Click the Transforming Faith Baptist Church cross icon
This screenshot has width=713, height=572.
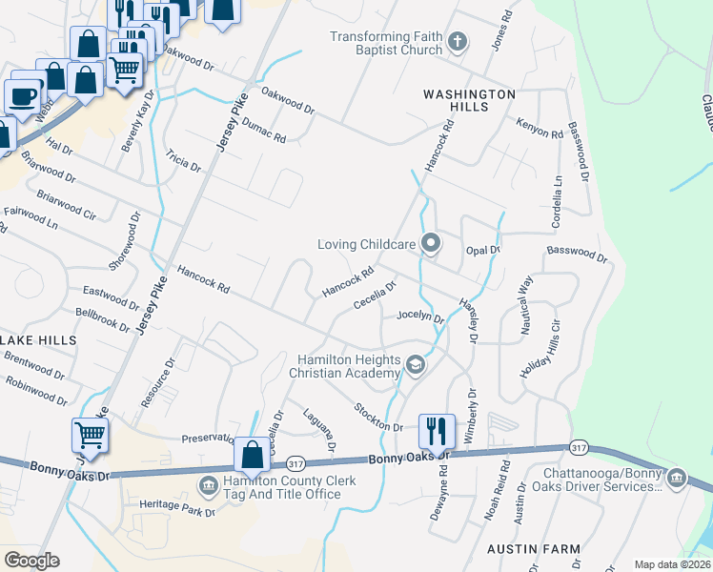(x=458, y=41)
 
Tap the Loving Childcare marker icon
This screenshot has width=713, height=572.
(x=431, y=244)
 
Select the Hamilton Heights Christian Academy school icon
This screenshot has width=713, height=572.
(x=416, y=365)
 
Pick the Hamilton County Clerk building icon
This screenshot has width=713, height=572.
(x=208, y=487)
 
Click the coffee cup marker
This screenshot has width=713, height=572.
(x=23, y=94)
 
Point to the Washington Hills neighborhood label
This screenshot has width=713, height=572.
(x=469, y=100)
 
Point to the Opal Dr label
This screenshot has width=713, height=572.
(x=483, y=250)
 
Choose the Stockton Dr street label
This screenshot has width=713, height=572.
(x=378, y=418)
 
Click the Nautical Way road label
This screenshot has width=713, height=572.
(x=523, y=303)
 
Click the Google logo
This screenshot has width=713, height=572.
(x=31, y=561)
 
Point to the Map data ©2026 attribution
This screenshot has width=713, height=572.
(x=671, y=564)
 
